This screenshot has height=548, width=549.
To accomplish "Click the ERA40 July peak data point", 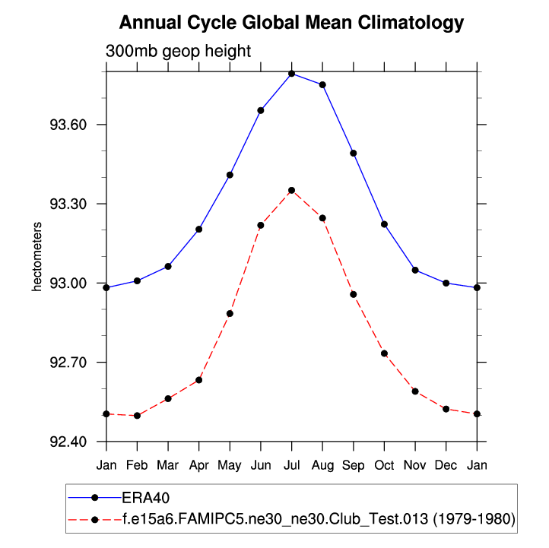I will [x=291, y=73].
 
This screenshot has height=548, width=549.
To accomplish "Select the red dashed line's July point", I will [x=291, y=190].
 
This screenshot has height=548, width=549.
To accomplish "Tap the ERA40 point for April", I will [x=199, y=229].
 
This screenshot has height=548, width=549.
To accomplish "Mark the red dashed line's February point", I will [x=137, y=416].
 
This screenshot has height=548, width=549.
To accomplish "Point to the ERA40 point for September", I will [x=354, y=153].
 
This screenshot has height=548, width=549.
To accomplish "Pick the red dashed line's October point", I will [x=384, y=353].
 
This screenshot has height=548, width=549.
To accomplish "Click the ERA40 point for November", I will [x=415, y=270].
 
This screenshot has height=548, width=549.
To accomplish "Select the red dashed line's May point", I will [x=230, y=313].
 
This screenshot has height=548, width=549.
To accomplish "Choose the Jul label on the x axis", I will [x=291, y=464].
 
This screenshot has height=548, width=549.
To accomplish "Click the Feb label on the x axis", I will [x=137, y=464].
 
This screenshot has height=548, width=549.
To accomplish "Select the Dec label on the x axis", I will [x=446, y=464].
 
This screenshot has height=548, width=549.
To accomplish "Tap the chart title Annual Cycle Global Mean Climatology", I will [x=291, y=23].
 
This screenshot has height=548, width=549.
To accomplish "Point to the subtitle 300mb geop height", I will [x=178, y=51].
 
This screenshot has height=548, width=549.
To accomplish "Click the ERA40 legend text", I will [x=145, y=498].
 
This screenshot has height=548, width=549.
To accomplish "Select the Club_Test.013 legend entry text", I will [x=319, y=519].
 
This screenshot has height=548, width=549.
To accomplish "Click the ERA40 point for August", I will [x=322, y=84].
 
